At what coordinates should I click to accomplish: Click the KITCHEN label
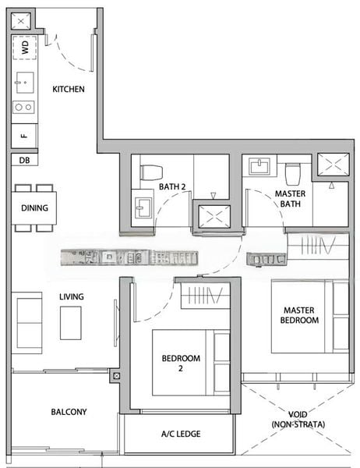tap(69, 89)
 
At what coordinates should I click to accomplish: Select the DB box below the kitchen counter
tap(22, 159)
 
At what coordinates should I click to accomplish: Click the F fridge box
tap(23, 135)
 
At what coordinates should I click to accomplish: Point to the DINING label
tap(34, 208)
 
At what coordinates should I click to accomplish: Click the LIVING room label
tap(72, 296)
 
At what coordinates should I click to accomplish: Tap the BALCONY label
tap(69, 412)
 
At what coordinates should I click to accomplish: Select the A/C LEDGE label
tap(178, 434)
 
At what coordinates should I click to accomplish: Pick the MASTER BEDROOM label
tap(300, 315)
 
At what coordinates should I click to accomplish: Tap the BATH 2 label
tap(172, 186)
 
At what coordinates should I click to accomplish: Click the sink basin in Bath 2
tap(143, 206)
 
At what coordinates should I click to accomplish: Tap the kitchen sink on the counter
tap(23, 80)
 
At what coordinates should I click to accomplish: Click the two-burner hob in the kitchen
tap(23, 107)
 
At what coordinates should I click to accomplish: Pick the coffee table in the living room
tap(71, 322)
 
